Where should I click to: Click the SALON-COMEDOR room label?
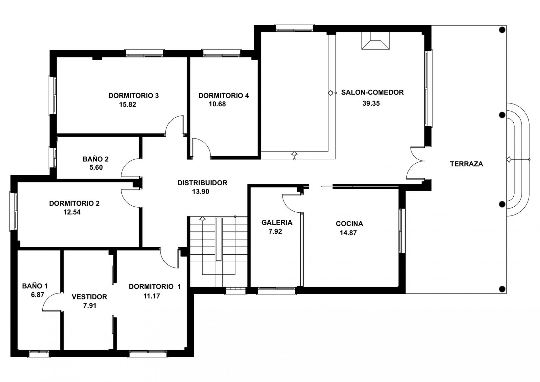click(372, 92)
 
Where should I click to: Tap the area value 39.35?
click(371, 103)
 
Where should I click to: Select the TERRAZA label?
click(467, 164)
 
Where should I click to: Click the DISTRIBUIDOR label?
click(203, 183)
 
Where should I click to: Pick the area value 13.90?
click(201, 192)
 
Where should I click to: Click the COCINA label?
click(349, 224)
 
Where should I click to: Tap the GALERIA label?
click(277, 223)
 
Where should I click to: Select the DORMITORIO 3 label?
click(134, 96)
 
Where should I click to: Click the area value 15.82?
click(128, 104)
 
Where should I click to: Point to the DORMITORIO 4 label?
click(224, 96)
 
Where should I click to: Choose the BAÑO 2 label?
click(95, 159)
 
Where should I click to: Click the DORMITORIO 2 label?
click(74, 203)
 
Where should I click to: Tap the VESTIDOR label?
click(89, 297)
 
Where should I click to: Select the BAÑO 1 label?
click(35, 286)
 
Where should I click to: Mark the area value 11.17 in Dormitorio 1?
click(152, 296)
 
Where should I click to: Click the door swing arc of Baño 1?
click(47, 298)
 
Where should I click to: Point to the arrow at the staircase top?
click(203, 219)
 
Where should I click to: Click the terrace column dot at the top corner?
click(502, 30)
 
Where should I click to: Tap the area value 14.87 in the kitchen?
click(348, 233)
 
